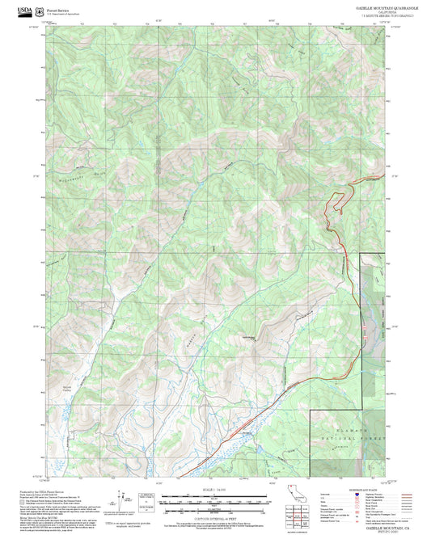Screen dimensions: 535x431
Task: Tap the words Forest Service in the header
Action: click(x=57, y=6)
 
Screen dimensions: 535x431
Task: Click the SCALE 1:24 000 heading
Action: click(x=213, y=488)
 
